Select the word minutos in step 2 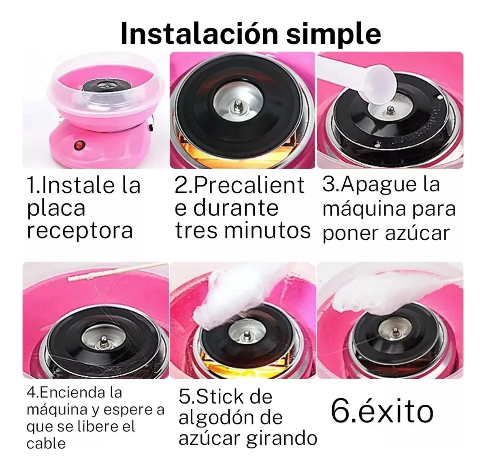coord(267,230)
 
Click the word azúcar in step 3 coord(418,233)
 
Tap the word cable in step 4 coord(46,444)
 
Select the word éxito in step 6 coord(396,411)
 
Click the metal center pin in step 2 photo coord(238,106)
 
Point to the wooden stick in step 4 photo coord(117,272)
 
